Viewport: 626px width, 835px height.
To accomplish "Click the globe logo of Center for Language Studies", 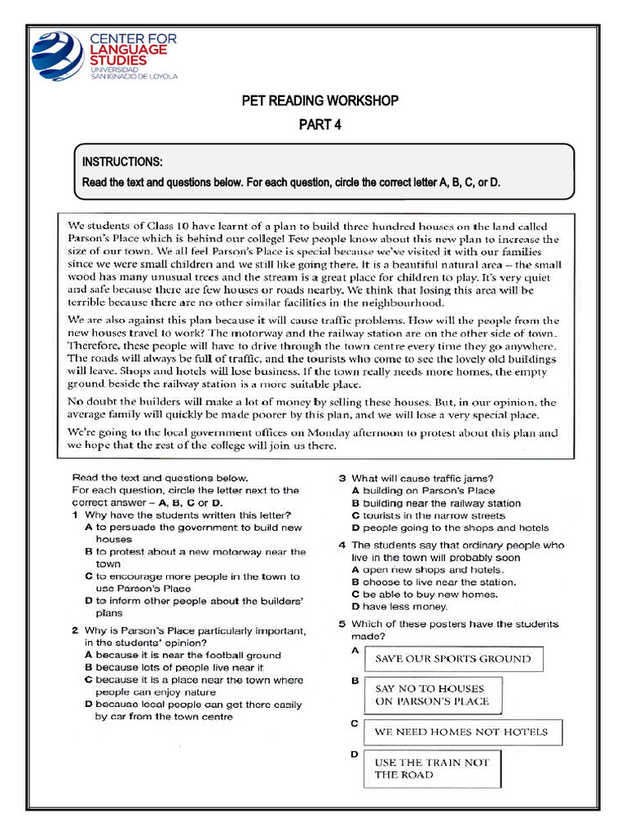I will coord(56,55).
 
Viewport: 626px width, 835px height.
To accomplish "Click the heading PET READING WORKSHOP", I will coord(320,101).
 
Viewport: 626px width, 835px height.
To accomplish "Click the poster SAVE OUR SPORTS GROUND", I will coord(452,659).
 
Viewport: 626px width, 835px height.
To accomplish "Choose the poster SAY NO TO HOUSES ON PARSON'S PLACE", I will coord(432,695).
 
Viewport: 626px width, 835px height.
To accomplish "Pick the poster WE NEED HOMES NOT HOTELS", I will coord(461,731).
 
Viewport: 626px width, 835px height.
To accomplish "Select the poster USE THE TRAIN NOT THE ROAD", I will coord(432,768).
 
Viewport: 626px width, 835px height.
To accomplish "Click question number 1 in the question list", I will coord(75,515).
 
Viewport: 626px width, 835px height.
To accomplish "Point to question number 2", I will coord(75,630).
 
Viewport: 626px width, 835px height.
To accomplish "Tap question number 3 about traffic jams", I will coord(343,479).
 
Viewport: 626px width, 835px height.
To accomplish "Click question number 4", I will coord(343,545).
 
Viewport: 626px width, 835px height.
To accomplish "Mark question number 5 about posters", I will coord(343,624).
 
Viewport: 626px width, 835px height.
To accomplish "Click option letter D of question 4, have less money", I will coord(355,607).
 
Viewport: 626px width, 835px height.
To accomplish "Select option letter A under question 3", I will coord(355,491).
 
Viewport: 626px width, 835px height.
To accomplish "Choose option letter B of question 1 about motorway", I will coord(88,552).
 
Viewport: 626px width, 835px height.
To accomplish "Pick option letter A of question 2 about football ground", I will coord(88,655).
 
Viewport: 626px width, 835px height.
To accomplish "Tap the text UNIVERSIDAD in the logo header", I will coord(108,70).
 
